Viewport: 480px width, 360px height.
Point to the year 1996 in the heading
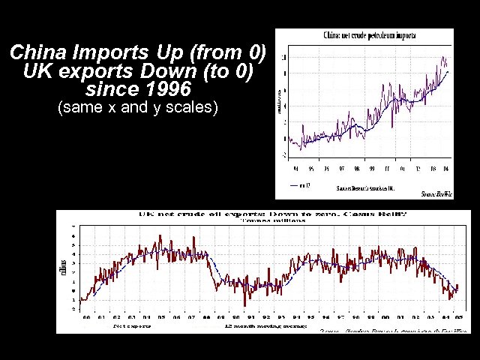point(163,90)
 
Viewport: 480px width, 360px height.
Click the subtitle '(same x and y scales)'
point(137,107)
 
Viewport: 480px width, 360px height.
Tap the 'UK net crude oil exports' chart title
point(217,214)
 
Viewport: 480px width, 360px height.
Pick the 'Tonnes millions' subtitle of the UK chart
point(273,220)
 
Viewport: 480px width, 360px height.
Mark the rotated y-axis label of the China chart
point(281,97)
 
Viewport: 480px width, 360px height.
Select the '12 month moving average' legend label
point(254,326)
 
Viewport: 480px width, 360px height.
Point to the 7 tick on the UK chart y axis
point(73,226)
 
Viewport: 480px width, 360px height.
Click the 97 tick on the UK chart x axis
point(342,318)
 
